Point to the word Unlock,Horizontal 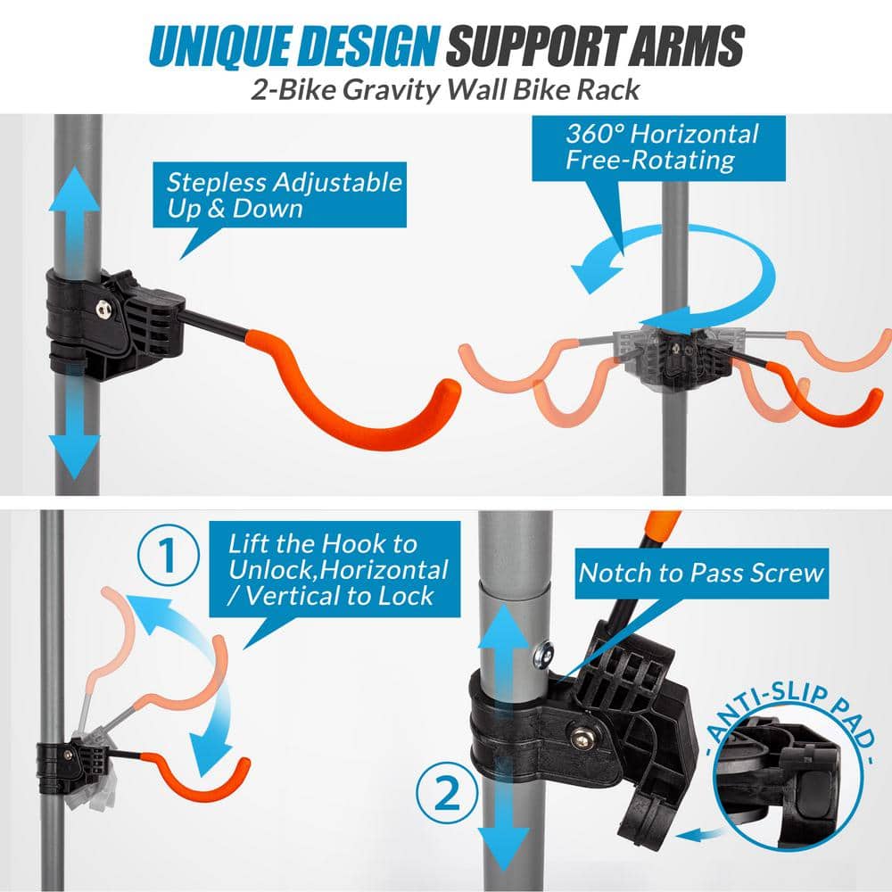coord(339,570)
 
